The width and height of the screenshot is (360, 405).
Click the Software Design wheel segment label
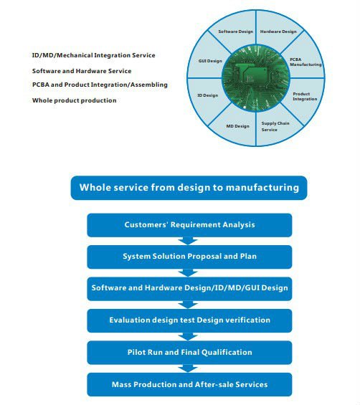pyautogui.click(x=236, y=32)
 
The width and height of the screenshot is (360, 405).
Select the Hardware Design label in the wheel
pyautogui.click(x=278, y=32)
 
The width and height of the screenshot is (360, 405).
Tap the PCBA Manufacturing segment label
pyautogui.click(x=305, y=62)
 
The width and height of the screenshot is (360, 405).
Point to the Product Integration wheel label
pyautogui.click(x=305, y=96)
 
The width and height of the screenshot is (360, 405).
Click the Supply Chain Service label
pyautogui.click(x=275, y=126)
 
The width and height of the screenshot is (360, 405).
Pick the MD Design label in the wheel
pyautogui.click(x=238, y=126)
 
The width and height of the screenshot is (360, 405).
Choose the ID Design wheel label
pyautogui.click(x=208, y=95)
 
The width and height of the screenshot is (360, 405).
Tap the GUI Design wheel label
pyautogui.click(x=210, y=61)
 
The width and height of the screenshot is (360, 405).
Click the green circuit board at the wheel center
pyautogui.click(x=256, y=77)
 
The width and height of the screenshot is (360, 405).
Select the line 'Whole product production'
pyautogui.click(x=75, y=100)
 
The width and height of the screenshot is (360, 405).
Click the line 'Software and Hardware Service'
pyautogui.click(x=82, y=71)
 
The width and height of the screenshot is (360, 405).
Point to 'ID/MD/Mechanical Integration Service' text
pyautogui.click(x=93, y=55)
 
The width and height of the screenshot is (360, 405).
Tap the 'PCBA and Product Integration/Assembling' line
pyautogui.click(x=100, y=85)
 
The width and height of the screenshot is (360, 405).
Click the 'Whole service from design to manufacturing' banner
pyautogui.click(x=189, y=188)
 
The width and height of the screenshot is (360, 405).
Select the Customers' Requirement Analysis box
pyautogui.click(x=189, y=225)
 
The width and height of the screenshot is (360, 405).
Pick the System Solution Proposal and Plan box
pyautogui.click(x=189, y=257)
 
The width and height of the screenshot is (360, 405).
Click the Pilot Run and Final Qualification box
pyautogui.click(x=189, y=353)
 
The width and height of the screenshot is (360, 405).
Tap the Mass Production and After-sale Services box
pyautogui.click(x=189, y=385)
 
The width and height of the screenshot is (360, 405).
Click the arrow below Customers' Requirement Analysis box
pyautogui.click(x=188, y=241)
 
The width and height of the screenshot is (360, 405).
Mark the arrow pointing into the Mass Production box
pyautogui.click(x=188, y=368)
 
